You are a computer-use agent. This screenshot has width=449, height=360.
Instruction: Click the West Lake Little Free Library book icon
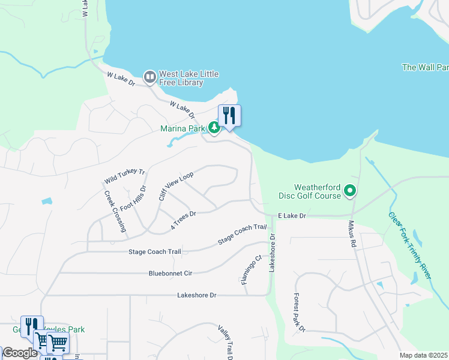coord(149,77)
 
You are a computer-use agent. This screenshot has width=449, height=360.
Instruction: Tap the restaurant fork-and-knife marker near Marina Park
coord(229,115)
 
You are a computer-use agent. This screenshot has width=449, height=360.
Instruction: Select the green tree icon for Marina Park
coord(214,128)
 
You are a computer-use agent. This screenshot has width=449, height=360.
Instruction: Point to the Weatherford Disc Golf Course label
coord(310,191)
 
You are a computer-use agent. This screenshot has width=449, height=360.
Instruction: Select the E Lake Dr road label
coord(292,215)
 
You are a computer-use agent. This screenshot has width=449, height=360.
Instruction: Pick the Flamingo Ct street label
coord(252,271)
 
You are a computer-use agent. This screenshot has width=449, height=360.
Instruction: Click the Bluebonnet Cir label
coord(170,273)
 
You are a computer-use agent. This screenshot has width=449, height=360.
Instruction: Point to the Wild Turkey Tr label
coord(125,176)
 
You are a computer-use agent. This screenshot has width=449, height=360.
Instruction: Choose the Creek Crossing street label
coord(114,211)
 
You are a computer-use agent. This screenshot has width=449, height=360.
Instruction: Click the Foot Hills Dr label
coord(133,198)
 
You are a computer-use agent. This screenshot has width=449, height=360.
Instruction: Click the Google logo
coord(20,353)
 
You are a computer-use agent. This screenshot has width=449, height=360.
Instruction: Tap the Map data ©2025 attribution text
coord(423,355)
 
